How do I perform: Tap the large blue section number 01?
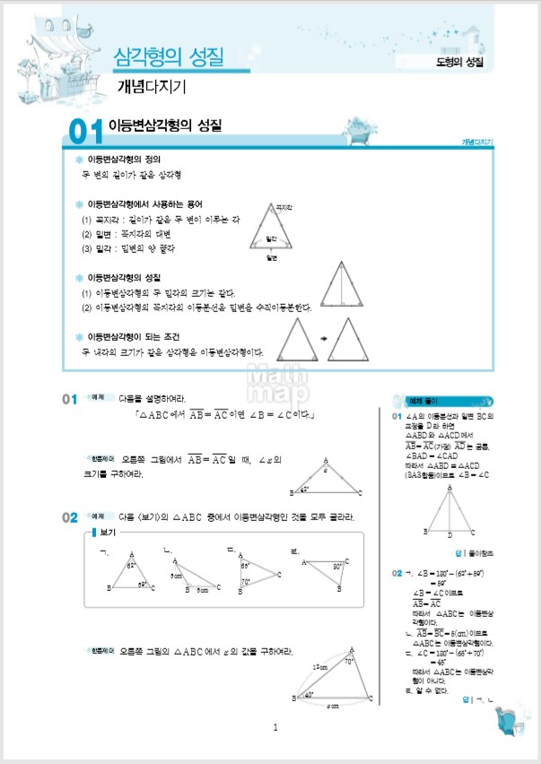pos(85,132)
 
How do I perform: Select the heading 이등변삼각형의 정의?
pos(125,159)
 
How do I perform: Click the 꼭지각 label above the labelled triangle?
pos(284,207)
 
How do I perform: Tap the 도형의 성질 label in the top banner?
pos(459,61)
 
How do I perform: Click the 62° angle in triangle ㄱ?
pos(131,566)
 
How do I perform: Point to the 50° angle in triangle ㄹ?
pos(338,567)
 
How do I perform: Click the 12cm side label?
pos(319,667)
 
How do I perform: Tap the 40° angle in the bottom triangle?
pos(310,694)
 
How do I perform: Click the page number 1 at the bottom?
pos(275,727)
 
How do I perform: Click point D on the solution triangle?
pos(449,534)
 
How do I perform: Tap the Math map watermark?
pos(271,383)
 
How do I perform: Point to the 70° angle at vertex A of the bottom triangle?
pos(349,662)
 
